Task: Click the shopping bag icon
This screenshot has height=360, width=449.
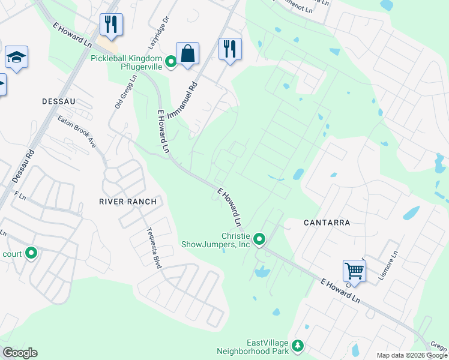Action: (x=187, y=53)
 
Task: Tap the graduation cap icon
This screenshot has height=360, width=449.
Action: (x=17, y=58)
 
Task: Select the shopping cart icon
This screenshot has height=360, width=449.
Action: (x=354, y=271)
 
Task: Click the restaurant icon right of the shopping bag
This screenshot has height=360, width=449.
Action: (x=230, y=49)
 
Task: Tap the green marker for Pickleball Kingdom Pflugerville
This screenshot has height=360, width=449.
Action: (x=170, y=61)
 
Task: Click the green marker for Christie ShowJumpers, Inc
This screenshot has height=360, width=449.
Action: (x=259, y=240)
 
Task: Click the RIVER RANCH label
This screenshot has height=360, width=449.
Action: (x=128, y=202)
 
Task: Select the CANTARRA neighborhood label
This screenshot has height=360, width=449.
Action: (x=327, y=223)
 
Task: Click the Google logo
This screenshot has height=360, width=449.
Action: (x=20, y=353)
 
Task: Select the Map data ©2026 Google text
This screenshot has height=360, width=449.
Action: (x=412, y=355)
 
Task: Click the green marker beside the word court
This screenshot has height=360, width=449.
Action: (x=31, y=254)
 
